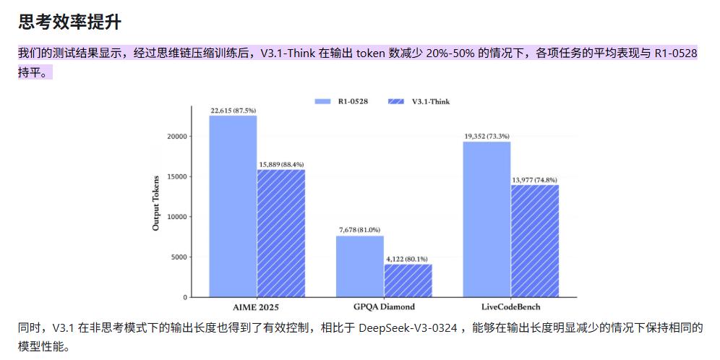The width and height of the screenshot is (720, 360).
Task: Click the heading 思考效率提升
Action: (69, 22)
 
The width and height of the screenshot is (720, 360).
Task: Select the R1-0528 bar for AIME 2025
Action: (233, 206)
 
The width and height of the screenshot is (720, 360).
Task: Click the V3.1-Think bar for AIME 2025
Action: (281, 233)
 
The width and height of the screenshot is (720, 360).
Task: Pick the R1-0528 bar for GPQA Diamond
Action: (360, 266)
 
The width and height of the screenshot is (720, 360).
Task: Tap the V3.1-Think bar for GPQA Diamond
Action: (408, 280)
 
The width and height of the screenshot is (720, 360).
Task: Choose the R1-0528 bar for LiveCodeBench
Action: (487, 219)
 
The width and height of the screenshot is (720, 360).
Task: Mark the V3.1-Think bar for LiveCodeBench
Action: (535, 241)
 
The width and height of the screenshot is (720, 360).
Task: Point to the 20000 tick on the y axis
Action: (176, 136)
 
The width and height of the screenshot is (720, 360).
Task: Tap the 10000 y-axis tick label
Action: (176, 216)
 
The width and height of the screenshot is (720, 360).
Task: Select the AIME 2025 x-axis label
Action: (257, 307)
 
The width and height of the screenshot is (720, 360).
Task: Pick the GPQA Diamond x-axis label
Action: (384, 307)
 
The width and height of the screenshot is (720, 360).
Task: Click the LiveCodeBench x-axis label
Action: (510, 307)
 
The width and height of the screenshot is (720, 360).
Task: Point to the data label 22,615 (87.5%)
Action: (233, 111)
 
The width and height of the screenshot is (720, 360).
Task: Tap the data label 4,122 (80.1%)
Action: (408, 259)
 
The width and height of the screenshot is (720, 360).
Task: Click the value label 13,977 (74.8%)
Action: (535, 179)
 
